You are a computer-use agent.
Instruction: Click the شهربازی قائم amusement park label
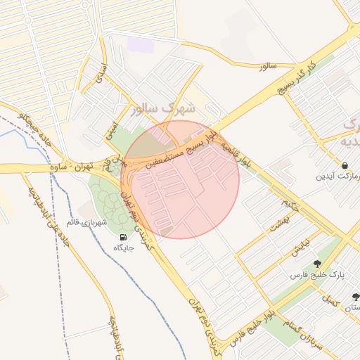click(x=85, y=222)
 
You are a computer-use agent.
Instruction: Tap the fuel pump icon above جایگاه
click(x=124, y=237)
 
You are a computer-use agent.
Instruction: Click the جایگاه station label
click(x=124, y=247)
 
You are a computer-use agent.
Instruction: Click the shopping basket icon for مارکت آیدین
click(x=345, y=165)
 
